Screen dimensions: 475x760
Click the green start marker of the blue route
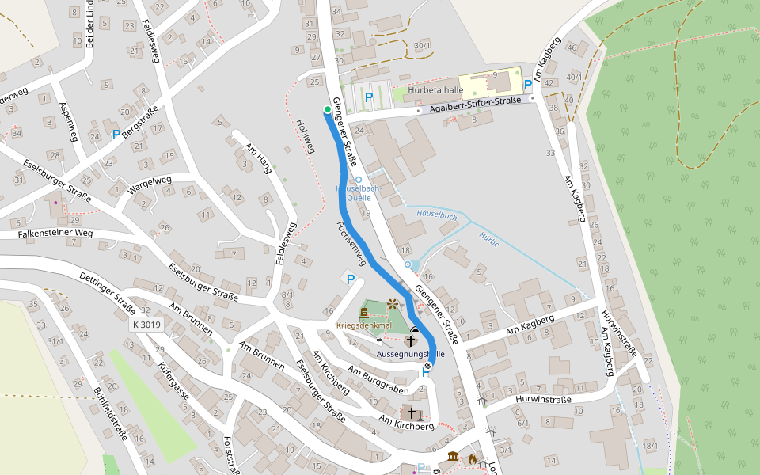point(327,109)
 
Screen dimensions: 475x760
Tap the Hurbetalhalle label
point(435,89)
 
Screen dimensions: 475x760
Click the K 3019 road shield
point(146,325)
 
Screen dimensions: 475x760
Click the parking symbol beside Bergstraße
point(116,135)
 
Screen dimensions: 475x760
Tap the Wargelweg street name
point(149,183)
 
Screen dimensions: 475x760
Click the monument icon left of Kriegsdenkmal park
point(364,312)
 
